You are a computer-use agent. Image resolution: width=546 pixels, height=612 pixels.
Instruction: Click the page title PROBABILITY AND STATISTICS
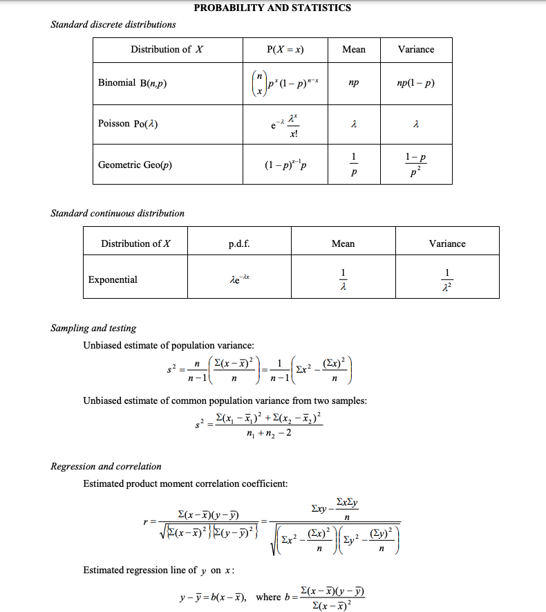coord(272,8)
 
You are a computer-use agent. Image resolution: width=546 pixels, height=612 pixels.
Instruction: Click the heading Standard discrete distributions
coord(113,24)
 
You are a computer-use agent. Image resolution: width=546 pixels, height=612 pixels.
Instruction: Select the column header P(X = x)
coord(285,49)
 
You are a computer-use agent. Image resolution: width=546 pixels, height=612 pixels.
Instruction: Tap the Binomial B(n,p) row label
coord(133,83)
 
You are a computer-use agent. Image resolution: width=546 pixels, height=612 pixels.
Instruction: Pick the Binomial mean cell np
coord(354,83)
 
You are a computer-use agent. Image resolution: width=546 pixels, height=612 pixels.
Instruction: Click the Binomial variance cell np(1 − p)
coord(416,83)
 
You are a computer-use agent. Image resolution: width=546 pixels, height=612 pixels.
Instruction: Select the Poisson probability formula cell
coord(285,124)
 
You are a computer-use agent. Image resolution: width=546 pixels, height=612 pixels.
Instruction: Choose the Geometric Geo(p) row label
coord(135,165)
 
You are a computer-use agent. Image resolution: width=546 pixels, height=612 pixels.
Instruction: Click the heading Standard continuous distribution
coord(117,213)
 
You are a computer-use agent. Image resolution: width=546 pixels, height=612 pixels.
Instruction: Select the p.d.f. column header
coord(238,243)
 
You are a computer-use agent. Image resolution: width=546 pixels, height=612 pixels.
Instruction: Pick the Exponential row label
coord(113,280)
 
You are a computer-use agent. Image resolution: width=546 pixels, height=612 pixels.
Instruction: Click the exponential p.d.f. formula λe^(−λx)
coord(238,279)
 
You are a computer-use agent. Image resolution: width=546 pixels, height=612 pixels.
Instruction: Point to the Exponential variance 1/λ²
coord(447,280)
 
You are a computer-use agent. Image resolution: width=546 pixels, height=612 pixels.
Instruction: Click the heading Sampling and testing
coord(93,328)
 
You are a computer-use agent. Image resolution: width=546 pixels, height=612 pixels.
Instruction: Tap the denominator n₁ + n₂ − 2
coord(268,434)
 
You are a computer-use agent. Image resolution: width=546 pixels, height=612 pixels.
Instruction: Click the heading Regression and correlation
coord(106,466)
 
